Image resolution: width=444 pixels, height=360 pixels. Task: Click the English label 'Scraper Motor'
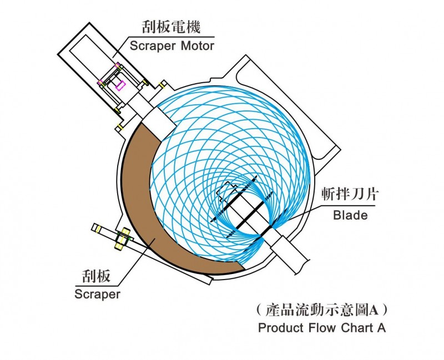[171, 45]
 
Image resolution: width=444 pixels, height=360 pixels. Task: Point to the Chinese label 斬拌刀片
[350, 196]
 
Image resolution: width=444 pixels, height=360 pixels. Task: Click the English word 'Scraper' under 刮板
[97, 294]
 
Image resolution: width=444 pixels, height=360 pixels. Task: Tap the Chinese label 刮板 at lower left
[97, 276]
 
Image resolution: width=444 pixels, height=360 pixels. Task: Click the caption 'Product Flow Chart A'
[322, 327]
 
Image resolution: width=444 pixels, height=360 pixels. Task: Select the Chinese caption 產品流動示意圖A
[322, 308]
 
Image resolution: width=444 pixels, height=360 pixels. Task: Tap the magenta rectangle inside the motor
[120, 85]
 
